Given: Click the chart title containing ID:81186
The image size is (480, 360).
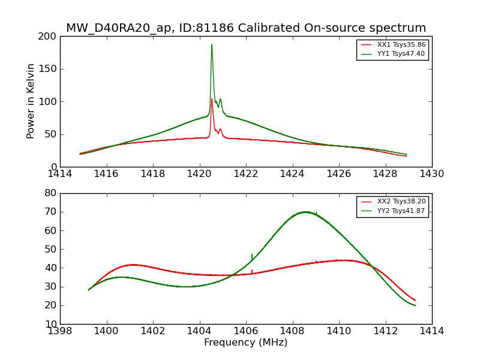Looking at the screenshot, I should click(246, 28).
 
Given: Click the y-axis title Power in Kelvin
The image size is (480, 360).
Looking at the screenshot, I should click(31, 101).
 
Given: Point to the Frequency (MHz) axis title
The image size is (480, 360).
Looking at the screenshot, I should click(246, 343).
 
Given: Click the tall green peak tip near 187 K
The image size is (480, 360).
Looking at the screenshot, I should click(212, 45).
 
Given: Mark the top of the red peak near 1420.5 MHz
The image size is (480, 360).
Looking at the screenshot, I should click(212, 99).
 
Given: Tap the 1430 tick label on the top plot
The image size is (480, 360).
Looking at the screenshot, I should click(432, 174).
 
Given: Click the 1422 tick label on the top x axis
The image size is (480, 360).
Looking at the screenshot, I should click(246, 174).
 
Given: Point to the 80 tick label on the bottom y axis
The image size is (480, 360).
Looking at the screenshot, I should click(51, 193).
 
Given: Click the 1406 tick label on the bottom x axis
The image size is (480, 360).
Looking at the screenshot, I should click(246, 331).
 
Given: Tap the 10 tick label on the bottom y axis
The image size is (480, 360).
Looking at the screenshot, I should click(51, 324).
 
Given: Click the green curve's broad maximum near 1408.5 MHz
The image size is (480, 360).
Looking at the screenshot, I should click(305, 212).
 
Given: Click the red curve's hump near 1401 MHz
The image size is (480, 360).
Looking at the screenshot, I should click(133, 265).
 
